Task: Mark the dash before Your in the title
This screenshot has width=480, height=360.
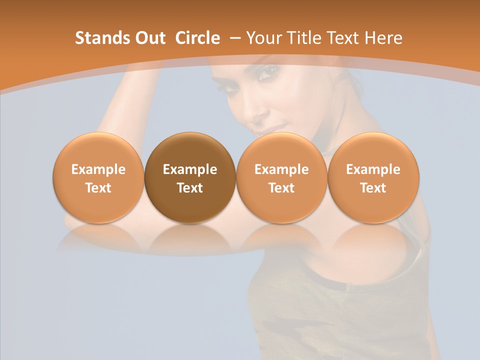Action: pos(235,38)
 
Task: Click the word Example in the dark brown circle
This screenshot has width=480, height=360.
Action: pos(190,169)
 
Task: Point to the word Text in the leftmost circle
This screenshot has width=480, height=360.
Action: pos(98,188)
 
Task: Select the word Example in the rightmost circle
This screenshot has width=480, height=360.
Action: pos(373,169)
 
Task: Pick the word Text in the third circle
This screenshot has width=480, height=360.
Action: pos(281,188)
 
